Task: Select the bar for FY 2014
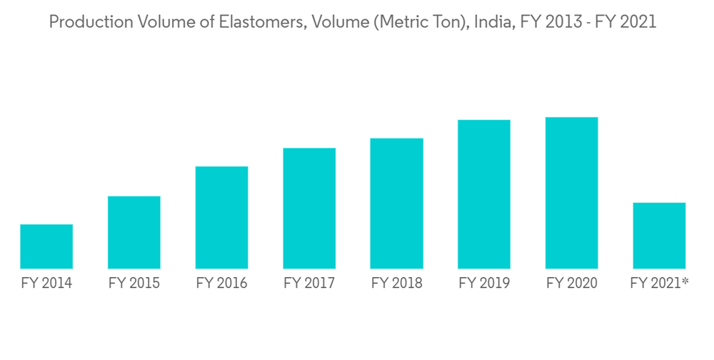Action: (46, 246)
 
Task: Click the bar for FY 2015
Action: (134, 232)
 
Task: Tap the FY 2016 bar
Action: (221, 218)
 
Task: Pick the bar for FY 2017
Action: (309, 208)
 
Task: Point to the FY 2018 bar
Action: (397, 204)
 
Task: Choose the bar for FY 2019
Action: (484, 194)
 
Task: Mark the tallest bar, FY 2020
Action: (571, 193)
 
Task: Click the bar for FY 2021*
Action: (659, 236)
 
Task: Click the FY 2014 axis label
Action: (46, 284)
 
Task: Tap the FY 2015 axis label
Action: (134, 284)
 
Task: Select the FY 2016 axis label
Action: (221, 284)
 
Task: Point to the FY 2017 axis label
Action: (309, 284)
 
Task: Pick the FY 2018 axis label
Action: (397, 284)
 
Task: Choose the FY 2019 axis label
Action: (484, 284)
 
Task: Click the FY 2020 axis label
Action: (571, 284)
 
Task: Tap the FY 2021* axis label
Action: (659, 284)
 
